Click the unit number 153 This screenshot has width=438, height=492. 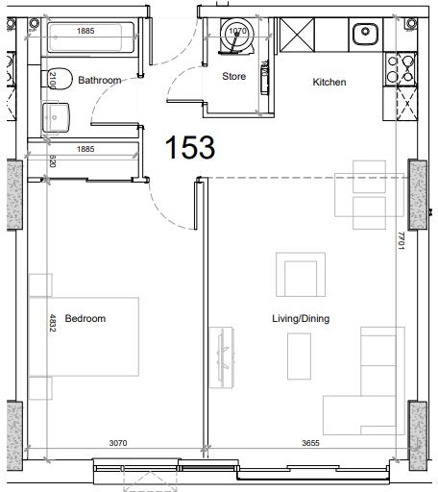click(x=189, y=148)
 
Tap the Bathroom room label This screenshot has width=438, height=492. click(x=99, y=81)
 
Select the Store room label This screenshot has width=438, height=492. click(x=233, y=76)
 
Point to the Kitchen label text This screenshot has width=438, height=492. click(x=328, y=83)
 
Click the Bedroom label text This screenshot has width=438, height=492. click(x=85, y=318)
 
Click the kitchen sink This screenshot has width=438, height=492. click(x=364, y=36)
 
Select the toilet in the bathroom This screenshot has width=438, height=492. click(x=60, y=79)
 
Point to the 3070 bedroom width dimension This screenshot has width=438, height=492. click(x=117, y=443)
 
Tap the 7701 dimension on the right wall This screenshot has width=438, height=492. click(x=402, y=241)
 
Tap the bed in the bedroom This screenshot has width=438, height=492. click(x=85, y=336)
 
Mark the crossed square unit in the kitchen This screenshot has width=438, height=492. click(x=294, y=36)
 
